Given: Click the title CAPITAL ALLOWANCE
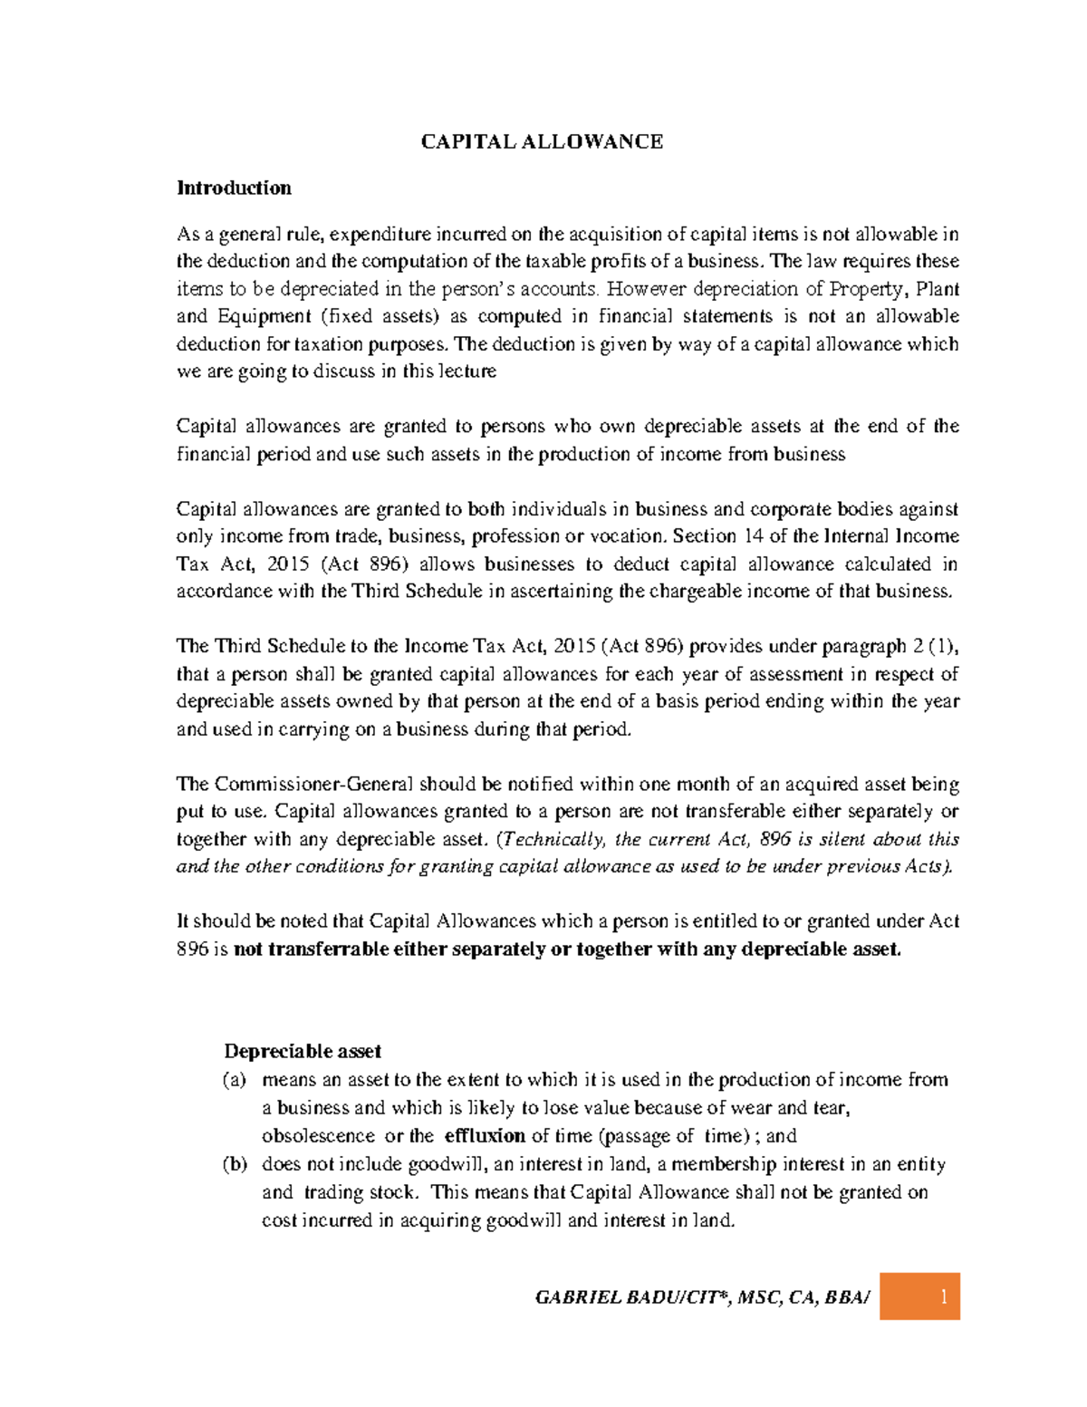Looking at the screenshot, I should coord(542,141).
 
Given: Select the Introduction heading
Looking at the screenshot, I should coord(234,188).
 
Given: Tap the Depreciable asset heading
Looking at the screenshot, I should coord(303,1051).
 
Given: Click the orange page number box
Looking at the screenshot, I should coord(919,1296).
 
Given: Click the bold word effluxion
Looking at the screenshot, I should coord(485,1135).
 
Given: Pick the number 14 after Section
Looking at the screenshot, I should coord(754,535).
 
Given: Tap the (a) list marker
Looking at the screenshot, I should coord(235,1080).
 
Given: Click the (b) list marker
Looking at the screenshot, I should coord(235,1164).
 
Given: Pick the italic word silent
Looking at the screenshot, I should coord(842,839).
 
